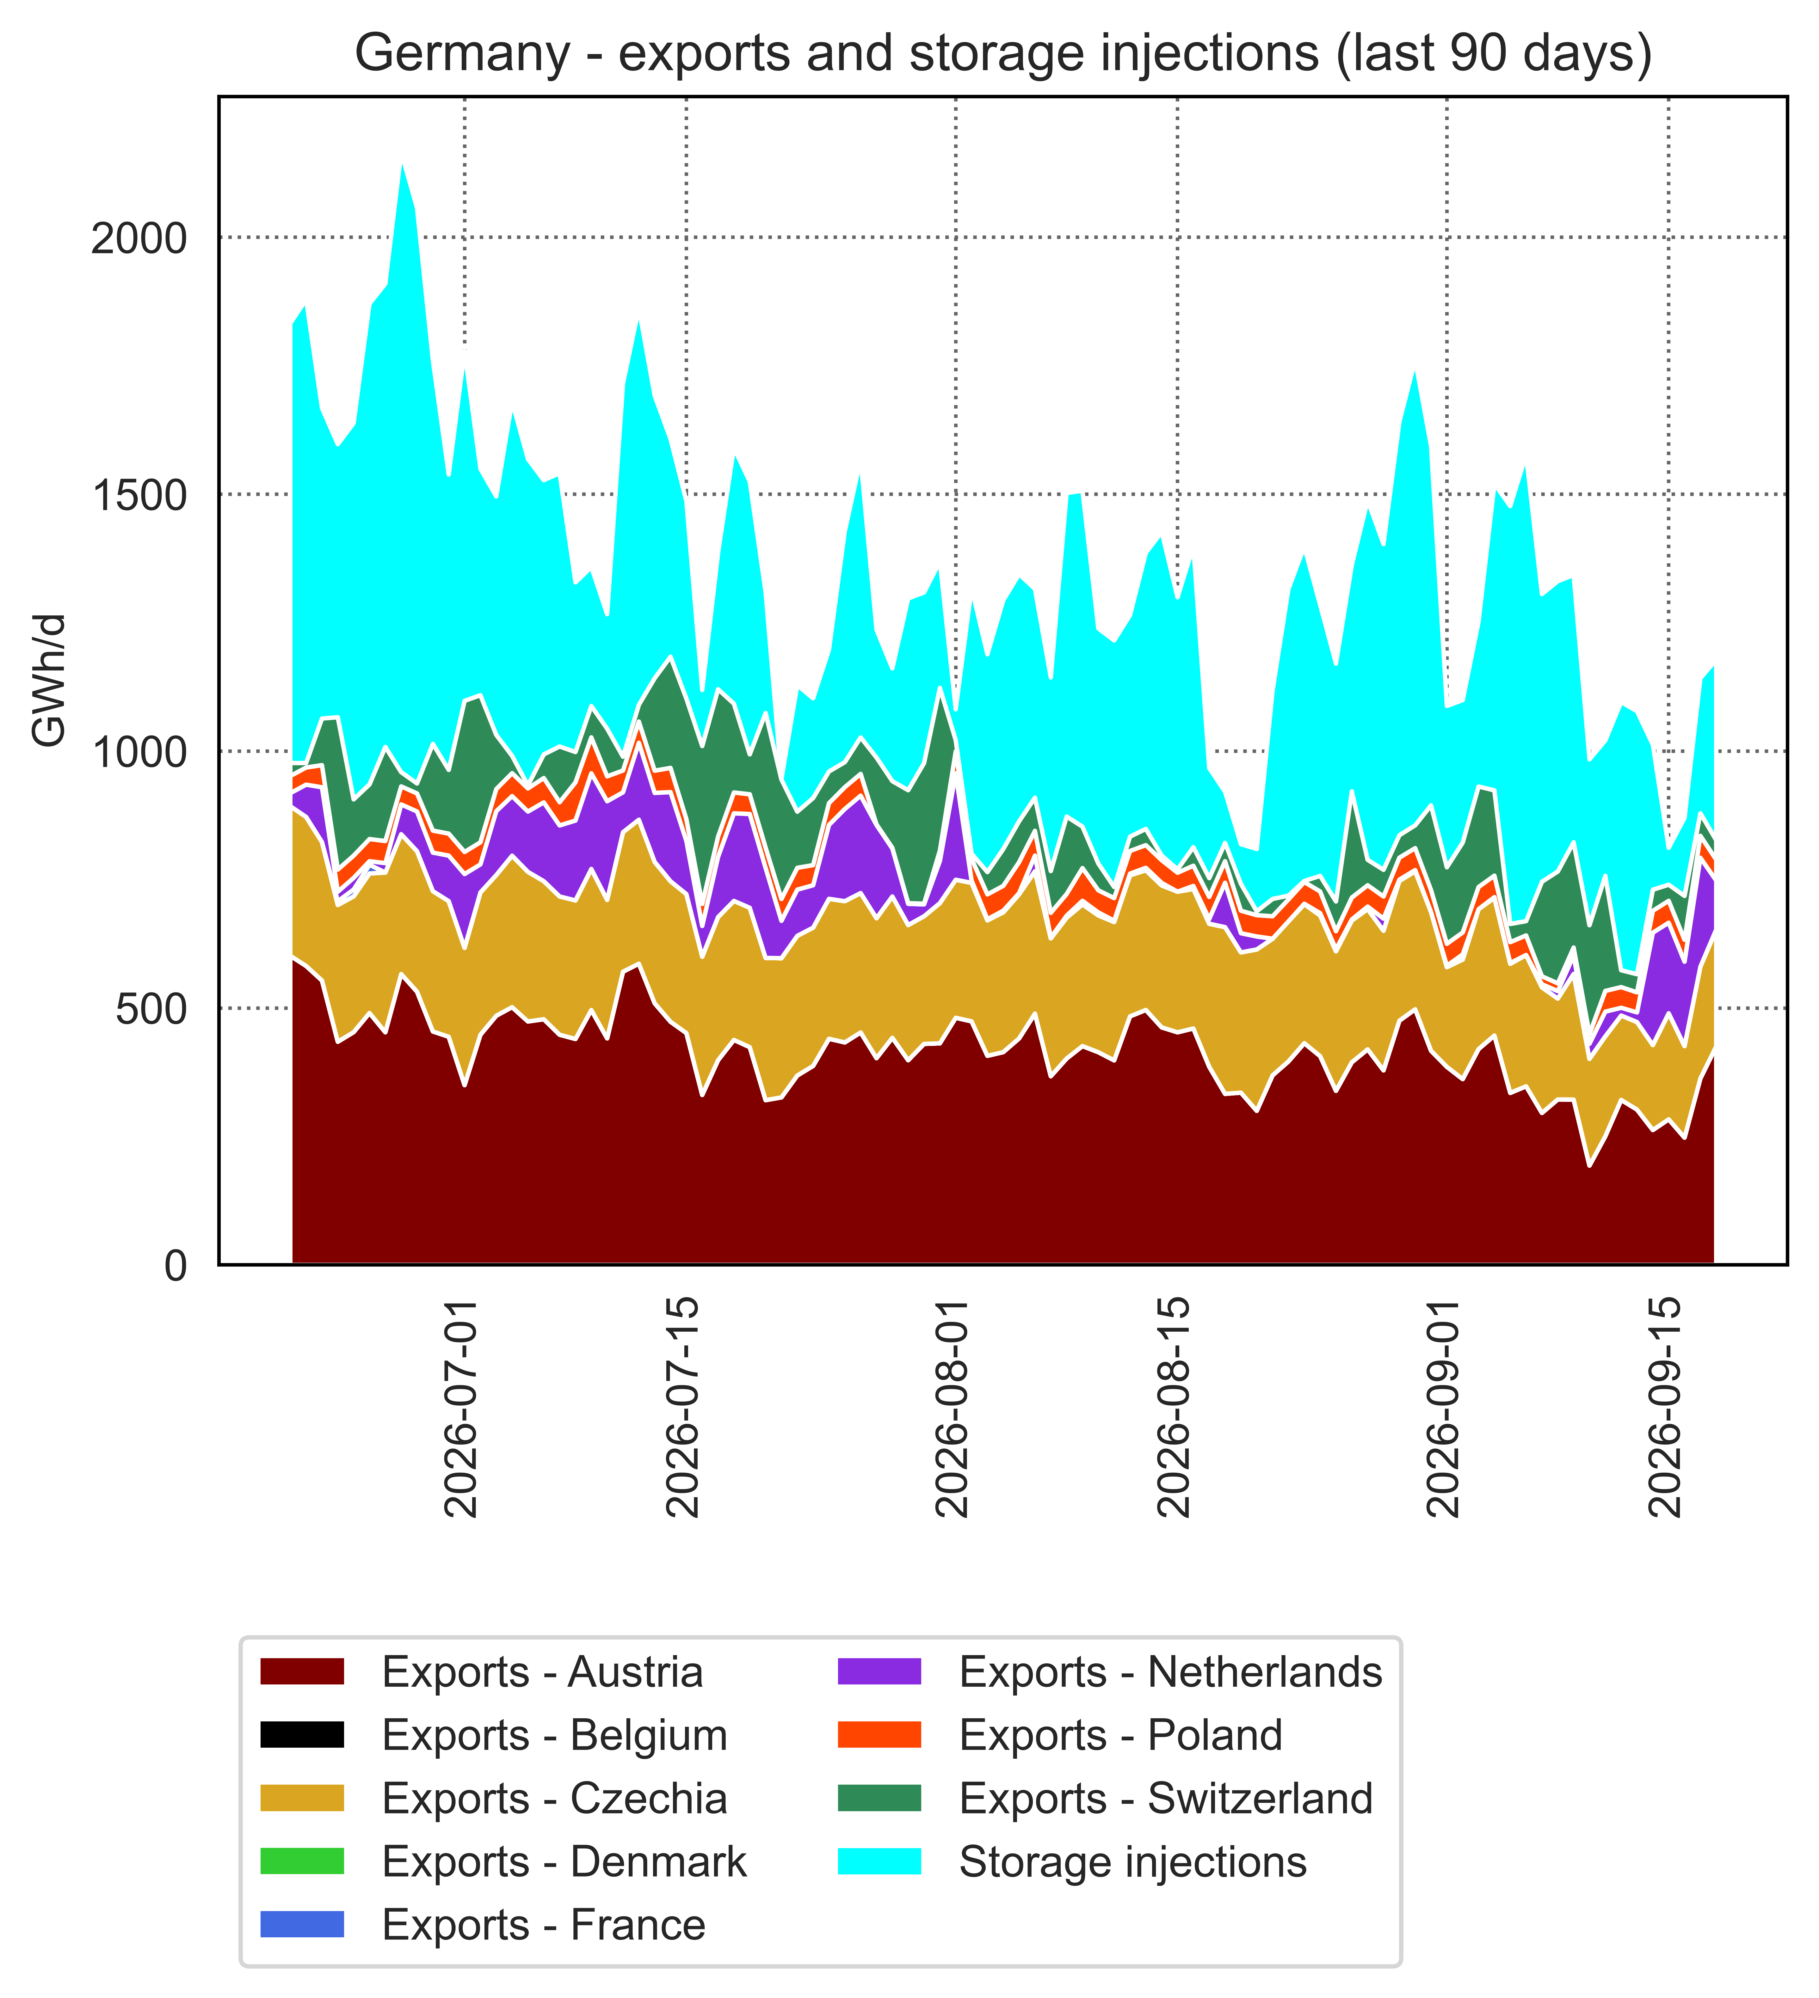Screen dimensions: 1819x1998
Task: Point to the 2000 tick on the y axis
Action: coord(139,239)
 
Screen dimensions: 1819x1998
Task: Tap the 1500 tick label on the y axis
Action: coord(139,496)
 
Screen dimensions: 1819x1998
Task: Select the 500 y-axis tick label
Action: coord(151,1009)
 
